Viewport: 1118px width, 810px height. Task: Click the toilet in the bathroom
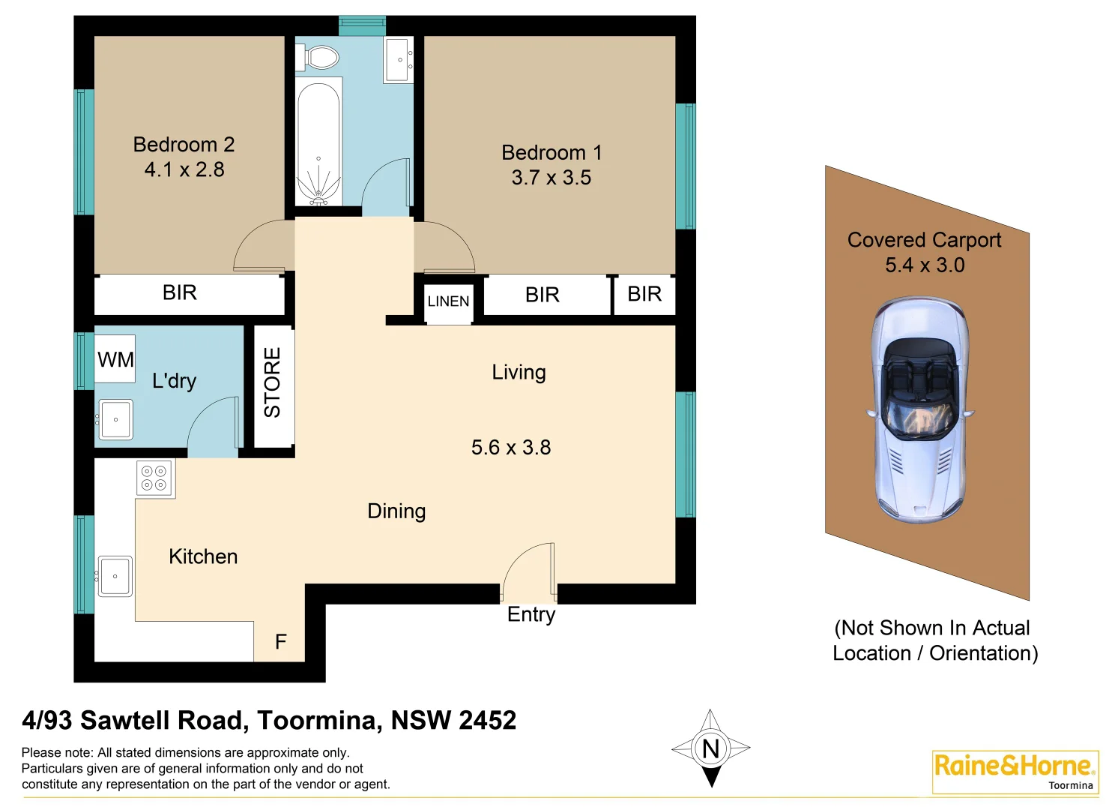coord(321,57)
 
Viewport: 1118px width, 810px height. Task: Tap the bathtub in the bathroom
coord(318,142)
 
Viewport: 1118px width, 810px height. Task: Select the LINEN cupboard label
coord(448,301)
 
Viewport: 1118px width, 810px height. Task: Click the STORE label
coord(273,382)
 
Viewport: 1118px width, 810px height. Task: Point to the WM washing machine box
coord(115,359)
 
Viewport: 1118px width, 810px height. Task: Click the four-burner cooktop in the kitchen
coord(154,478)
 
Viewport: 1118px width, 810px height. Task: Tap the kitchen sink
coord(115,576)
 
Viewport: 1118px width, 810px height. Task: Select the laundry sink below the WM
coord(115,419)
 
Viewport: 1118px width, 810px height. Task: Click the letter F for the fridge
coord(281,642)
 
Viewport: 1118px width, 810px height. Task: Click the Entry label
coord(531,614)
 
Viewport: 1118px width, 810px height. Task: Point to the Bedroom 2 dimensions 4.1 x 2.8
coord(184,170)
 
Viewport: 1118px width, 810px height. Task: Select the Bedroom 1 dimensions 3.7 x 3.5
coord(552,178)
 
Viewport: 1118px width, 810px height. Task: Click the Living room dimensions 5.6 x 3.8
coord(511,448)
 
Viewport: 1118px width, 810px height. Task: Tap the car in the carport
coord(919,409)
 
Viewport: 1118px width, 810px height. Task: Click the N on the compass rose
coord(710,748)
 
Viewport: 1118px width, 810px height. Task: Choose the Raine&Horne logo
coord(1015,770)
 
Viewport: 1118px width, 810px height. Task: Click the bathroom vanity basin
coord(399,58)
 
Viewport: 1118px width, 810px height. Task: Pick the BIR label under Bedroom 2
coord(180,292)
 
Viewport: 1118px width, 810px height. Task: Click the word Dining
coord(396,511)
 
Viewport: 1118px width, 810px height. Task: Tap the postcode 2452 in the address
coord(487,721)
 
